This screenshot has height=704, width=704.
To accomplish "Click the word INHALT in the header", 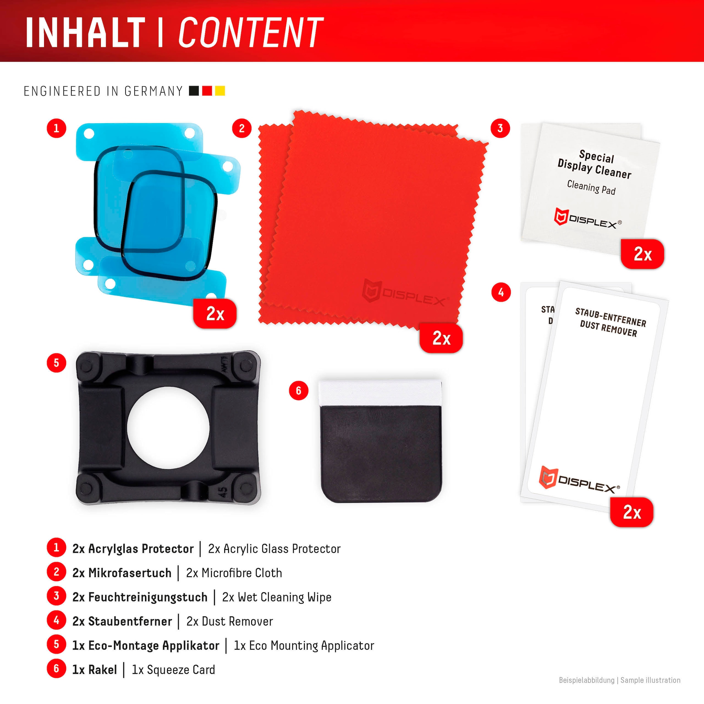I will click(85, 33).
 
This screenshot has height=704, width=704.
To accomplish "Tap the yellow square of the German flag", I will click(220, 91).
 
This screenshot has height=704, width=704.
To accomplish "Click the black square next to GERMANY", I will click(194, 91).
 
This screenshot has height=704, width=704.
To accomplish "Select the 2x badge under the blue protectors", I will click(215, 313).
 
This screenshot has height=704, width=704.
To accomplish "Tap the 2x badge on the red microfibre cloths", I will click(441, 338).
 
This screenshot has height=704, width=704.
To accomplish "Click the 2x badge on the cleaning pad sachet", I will click(642, 254).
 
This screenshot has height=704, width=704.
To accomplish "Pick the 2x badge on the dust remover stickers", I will click(632, 512).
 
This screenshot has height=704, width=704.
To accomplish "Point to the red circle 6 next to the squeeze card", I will click(298, 391).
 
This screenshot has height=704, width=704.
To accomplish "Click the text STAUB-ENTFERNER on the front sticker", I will click(610, 317).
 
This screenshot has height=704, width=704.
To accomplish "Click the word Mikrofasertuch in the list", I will click(130, 573).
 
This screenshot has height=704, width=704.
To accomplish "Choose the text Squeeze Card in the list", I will click(181, 669).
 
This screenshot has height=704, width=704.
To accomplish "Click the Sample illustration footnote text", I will click(650, 680).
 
